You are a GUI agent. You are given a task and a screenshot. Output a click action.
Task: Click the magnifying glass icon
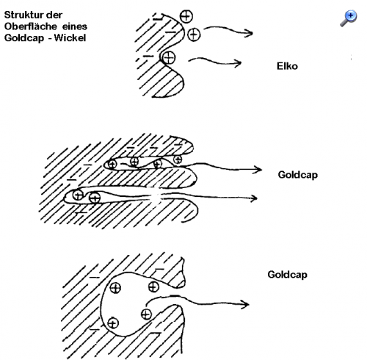(349, 18)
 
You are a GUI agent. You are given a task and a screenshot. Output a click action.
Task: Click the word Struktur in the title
(24, 15)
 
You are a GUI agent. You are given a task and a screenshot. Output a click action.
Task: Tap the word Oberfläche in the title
(31, 26)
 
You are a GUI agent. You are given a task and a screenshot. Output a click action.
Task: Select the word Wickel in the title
(70, 38)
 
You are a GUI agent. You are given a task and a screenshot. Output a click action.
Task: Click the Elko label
(287, 66)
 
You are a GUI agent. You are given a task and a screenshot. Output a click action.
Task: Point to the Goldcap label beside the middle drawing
(298, 175)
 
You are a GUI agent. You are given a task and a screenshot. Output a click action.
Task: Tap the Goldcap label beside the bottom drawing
(288, 275)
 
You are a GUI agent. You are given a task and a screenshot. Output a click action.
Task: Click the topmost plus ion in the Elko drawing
(186, 17)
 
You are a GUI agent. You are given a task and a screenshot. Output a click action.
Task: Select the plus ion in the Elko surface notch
(169, 58)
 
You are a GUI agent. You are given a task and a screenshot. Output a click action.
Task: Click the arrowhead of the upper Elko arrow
(249, 33)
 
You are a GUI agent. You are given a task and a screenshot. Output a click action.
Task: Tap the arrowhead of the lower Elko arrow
(238, 63)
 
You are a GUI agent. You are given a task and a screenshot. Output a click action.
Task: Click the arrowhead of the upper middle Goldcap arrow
(258, 170)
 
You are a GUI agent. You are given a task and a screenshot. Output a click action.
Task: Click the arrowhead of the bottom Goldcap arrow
(245, 305)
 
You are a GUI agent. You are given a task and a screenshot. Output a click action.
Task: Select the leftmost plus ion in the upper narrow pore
(112, 165)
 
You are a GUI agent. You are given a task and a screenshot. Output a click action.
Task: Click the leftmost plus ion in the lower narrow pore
(79, 195)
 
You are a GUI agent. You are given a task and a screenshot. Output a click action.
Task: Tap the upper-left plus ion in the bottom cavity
(115, 288)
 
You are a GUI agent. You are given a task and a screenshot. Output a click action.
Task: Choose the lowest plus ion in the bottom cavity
(113, 323)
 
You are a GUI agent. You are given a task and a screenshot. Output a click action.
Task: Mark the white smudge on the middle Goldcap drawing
(153, 196)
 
